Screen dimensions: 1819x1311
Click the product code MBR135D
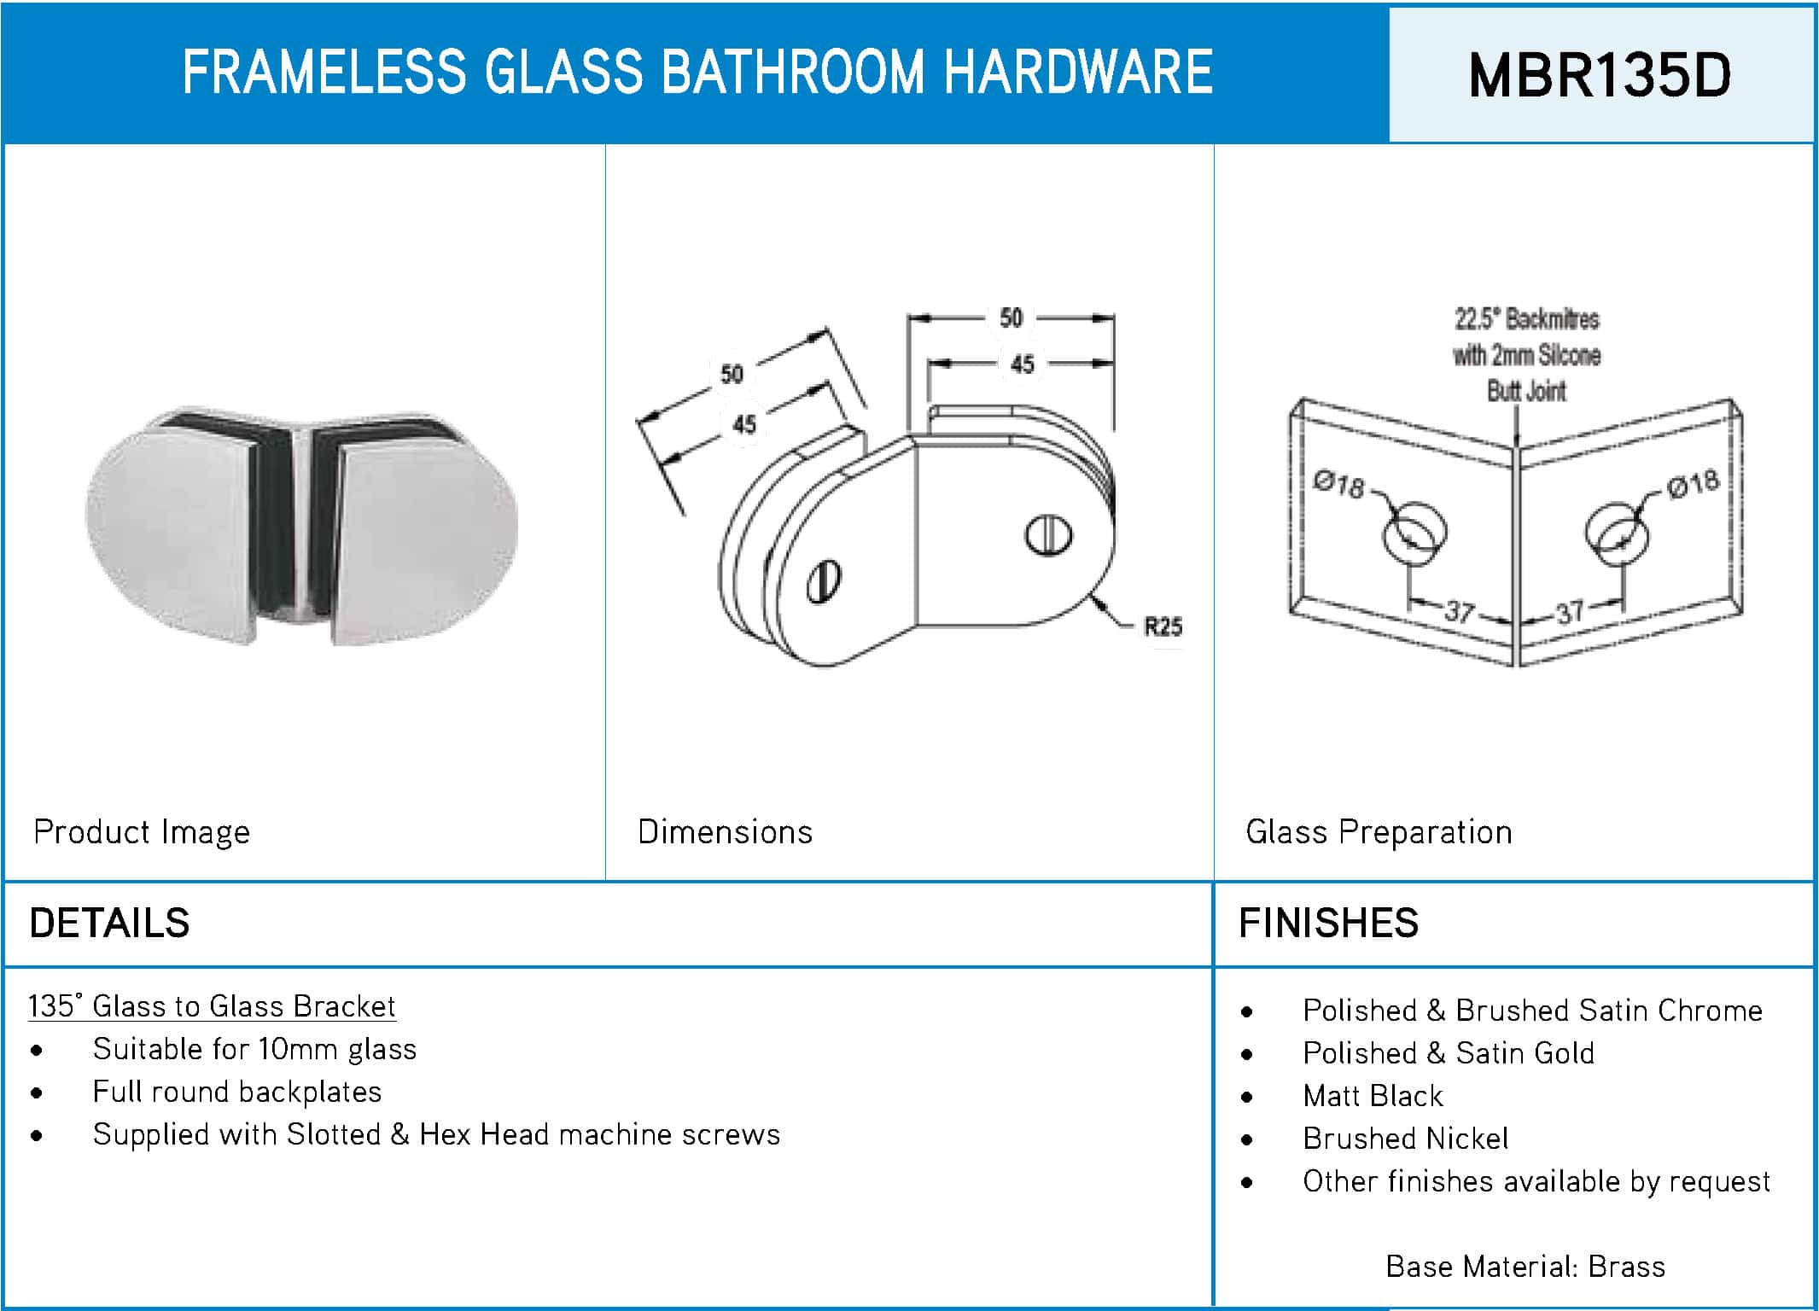1600,75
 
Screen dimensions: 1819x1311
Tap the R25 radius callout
1163,627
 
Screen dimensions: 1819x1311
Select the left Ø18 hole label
1339,484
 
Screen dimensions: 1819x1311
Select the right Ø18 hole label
1694,484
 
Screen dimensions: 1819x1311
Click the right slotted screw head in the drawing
1048,535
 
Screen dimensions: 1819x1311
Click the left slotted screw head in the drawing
824,582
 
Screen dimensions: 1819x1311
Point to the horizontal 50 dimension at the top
1011,318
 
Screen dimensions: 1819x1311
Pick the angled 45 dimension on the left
743,423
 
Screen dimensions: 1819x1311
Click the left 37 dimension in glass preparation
1460,611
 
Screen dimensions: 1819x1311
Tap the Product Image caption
142,831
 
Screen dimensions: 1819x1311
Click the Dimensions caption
725,831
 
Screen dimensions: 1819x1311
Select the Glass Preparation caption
1379,831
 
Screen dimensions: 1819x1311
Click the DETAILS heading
109,923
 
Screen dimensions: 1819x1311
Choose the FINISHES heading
1328,923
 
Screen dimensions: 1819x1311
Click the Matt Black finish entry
1373,1096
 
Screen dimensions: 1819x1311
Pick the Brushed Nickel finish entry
1406,1139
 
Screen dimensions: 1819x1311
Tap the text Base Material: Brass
1525,1267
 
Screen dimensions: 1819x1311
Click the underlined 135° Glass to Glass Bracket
212,1006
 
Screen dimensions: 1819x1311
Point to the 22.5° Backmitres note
1527,319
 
